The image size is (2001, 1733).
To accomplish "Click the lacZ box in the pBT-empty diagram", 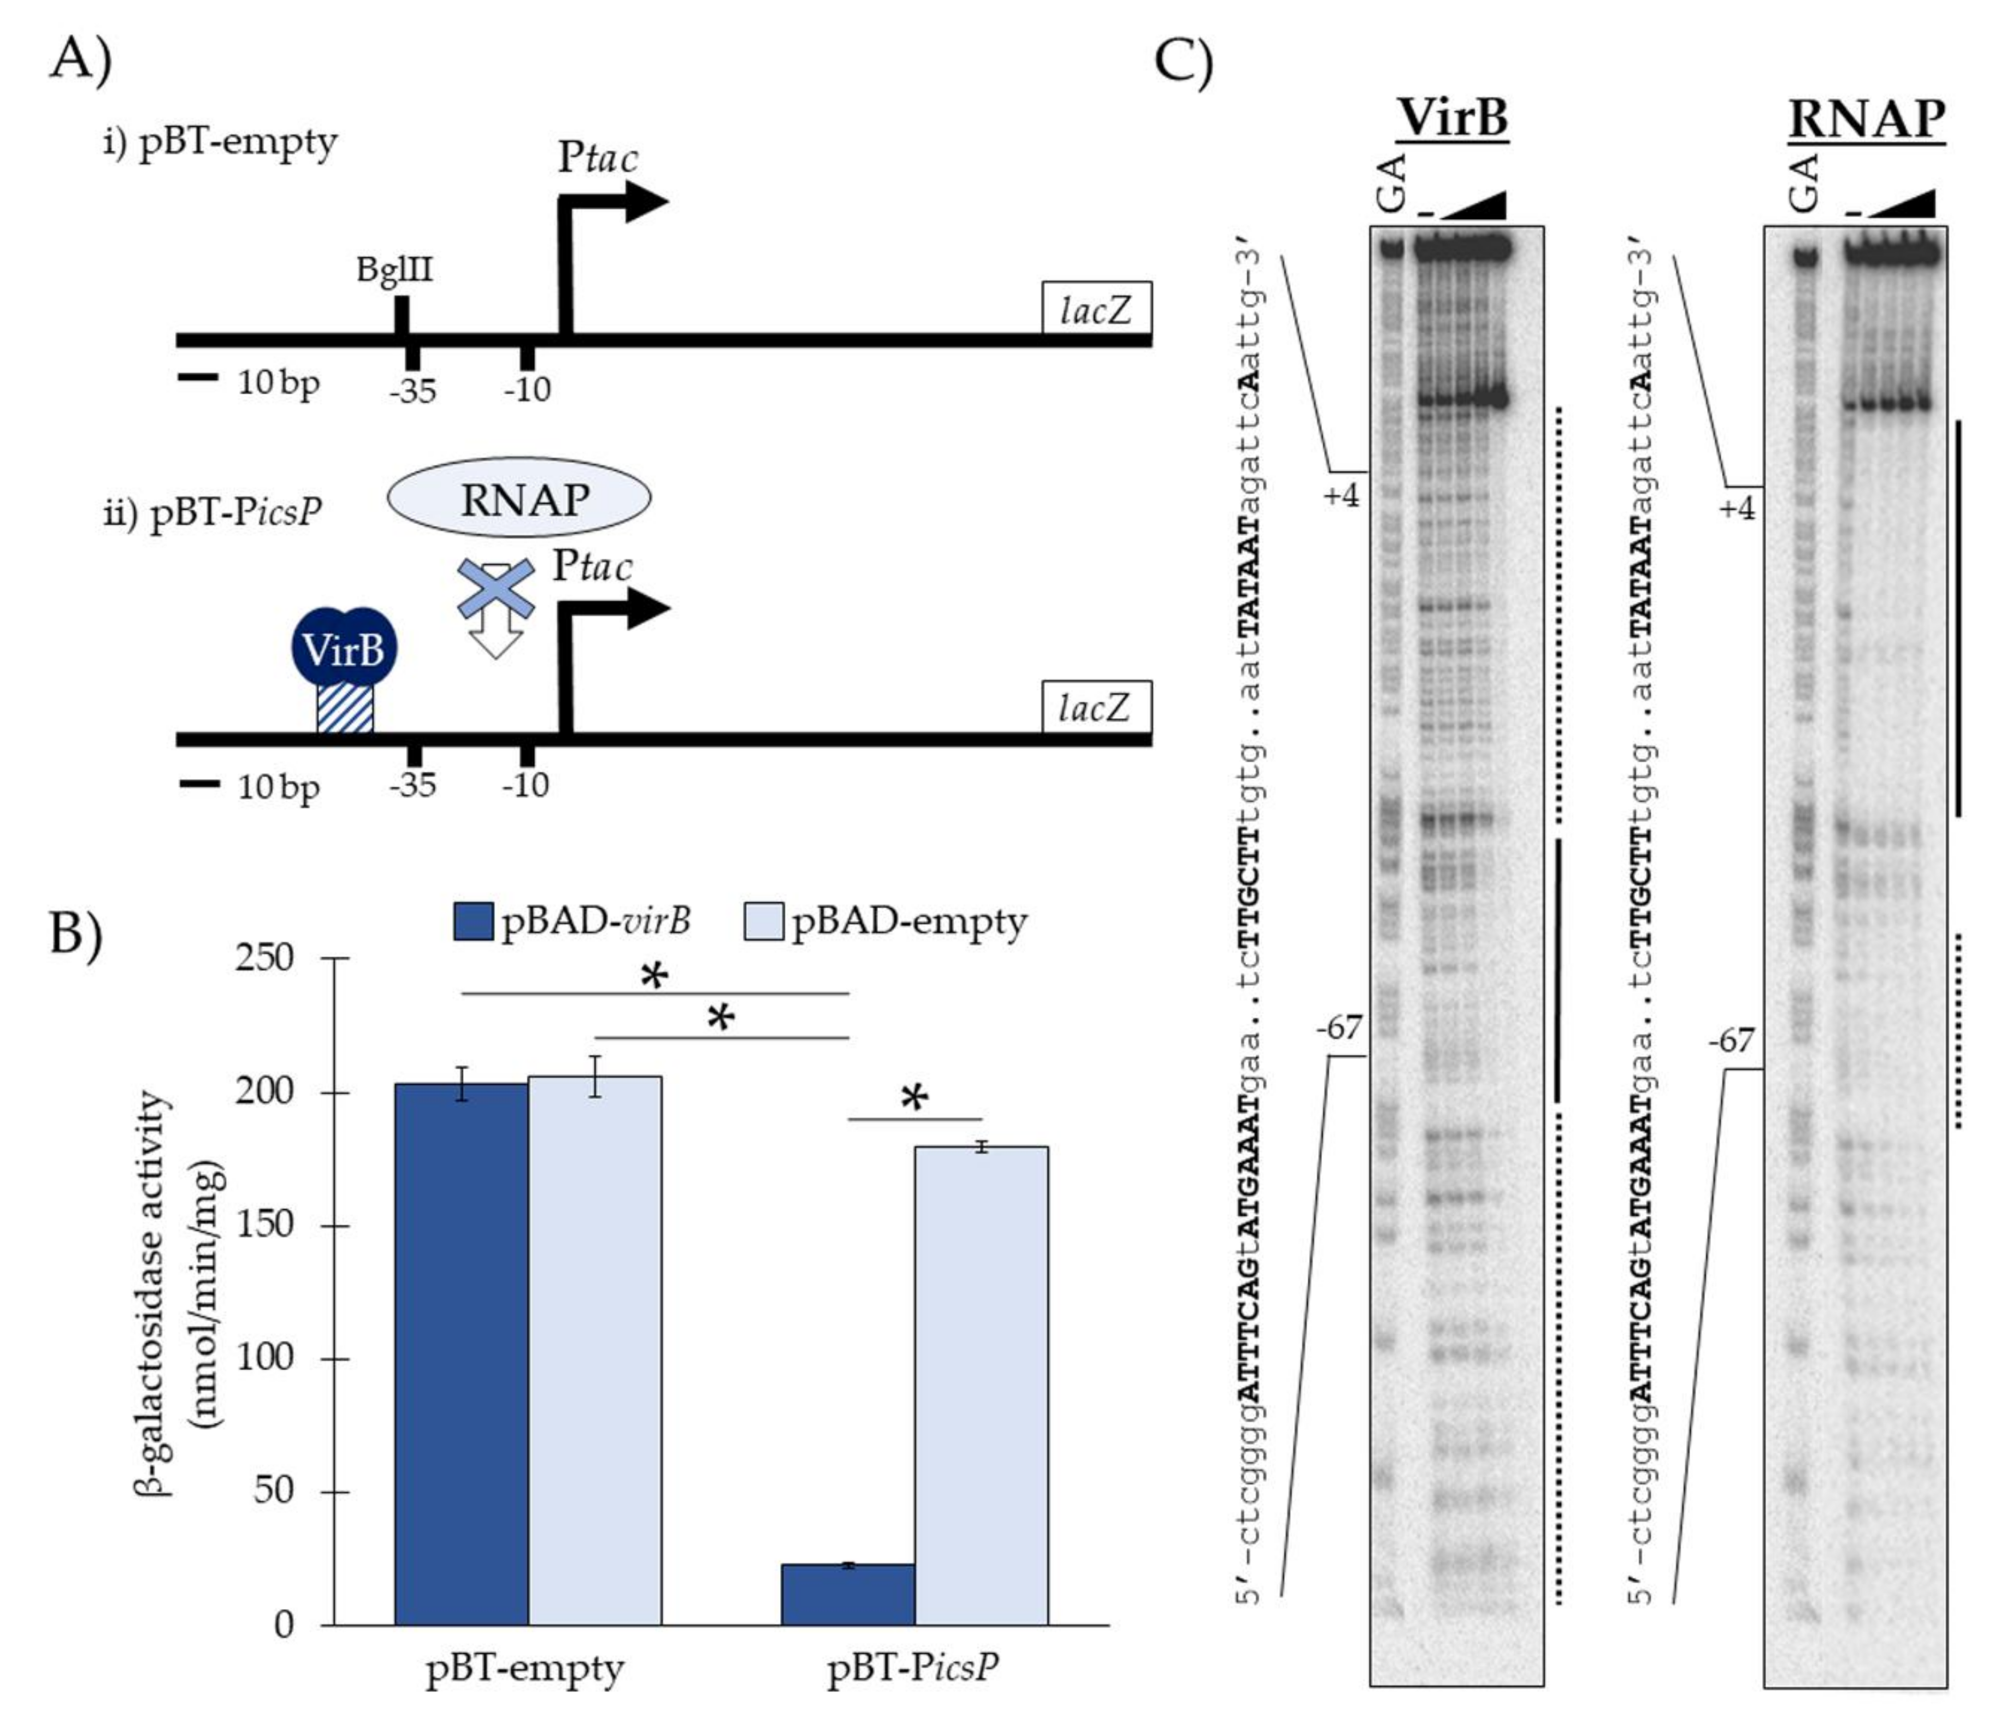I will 1096,310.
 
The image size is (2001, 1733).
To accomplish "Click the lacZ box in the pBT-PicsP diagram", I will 1096,709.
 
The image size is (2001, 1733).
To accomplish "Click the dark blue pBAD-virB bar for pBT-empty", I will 461,1354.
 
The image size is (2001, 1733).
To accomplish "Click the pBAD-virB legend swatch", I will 473,921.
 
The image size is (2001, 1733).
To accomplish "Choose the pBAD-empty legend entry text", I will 909,921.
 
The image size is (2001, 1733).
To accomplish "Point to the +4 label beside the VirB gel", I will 1341,495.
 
